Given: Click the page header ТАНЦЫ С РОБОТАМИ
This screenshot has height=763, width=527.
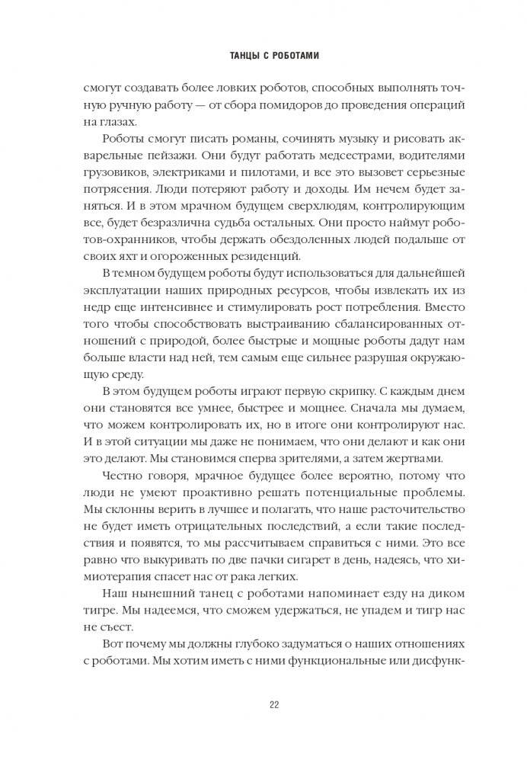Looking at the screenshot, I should tap(263, 56).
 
